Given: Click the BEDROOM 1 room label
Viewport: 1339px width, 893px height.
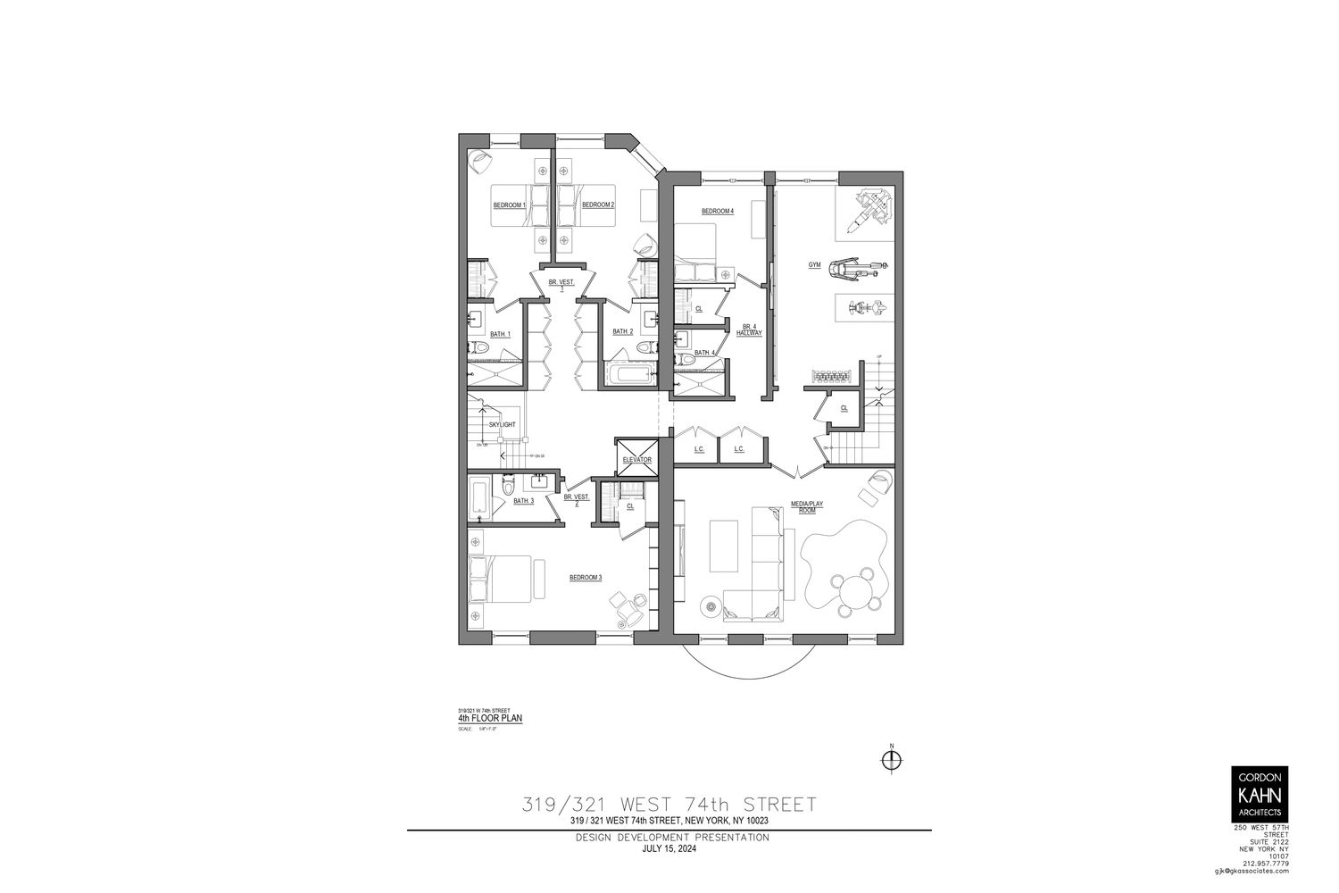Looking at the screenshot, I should point(509,205).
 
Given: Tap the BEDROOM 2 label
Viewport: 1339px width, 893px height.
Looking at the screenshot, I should point(597,205).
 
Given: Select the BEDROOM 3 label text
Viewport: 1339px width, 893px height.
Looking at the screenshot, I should point(586,578).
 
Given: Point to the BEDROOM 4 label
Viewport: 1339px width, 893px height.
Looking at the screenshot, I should point(717,212).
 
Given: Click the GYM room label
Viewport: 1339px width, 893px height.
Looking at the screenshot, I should point(814,265).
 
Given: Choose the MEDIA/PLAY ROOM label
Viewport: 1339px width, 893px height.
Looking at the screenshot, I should point(807,506).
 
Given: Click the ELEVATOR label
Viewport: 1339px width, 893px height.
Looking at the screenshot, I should point(637,460).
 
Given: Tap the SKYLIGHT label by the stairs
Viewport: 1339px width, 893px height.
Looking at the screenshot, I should point(502,424).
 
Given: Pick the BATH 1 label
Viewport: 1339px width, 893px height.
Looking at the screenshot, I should point(500,334).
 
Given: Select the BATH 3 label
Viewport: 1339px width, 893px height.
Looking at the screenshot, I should point(523,501).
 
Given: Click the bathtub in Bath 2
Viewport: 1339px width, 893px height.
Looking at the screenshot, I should point(631,374).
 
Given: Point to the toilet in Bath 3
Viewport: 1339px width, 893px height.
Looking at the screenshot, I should point(508,485).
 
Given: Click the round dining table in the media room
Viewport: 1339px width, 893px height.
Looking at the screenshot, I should point(859,592).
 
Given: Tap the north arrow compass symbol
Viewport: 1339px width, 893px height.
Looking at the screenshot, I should point(891,760).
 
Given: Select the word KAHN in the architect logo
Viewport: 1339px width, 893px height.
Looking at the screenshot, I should point(1258,795).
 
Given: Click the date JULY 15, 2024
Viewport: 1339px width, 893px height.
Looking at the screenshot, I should point(669,849).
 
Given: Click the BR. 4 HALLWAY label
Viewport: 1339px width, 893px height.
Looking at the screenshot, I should point(749,330).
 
